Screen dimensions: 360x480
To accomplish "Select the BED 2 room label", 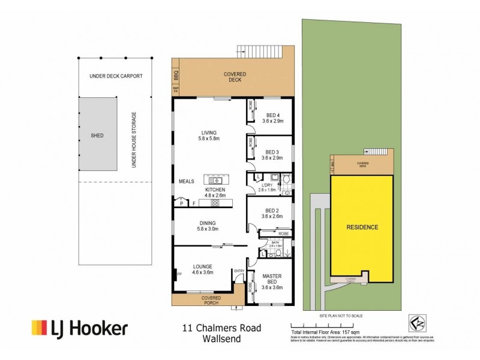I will pyautogui.click(x=271, y=214).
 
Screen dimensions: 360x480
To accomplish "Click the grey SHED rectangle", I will pyautogui.click(x=97, y=136).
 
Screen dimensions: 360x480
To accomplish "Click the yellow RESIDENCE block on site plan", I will pyautogui.click(x=362, y=227).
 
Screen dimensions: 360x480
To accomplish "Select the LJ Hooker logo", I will pyautogui.click(x=80, y=328).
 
